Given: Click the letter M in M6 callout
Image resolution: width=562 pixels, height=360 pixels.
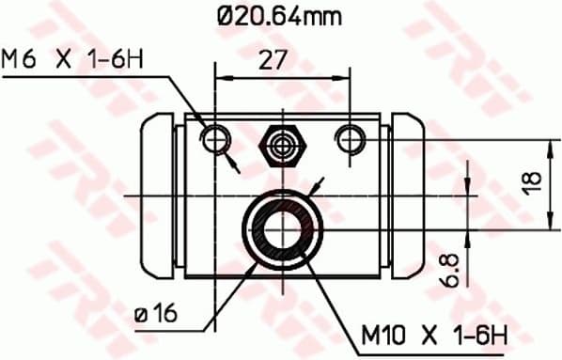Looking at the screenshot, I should (11, 59).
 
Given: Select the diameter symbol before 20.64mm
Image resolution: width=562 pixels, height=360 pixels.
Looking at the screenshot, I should (225, 16).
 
